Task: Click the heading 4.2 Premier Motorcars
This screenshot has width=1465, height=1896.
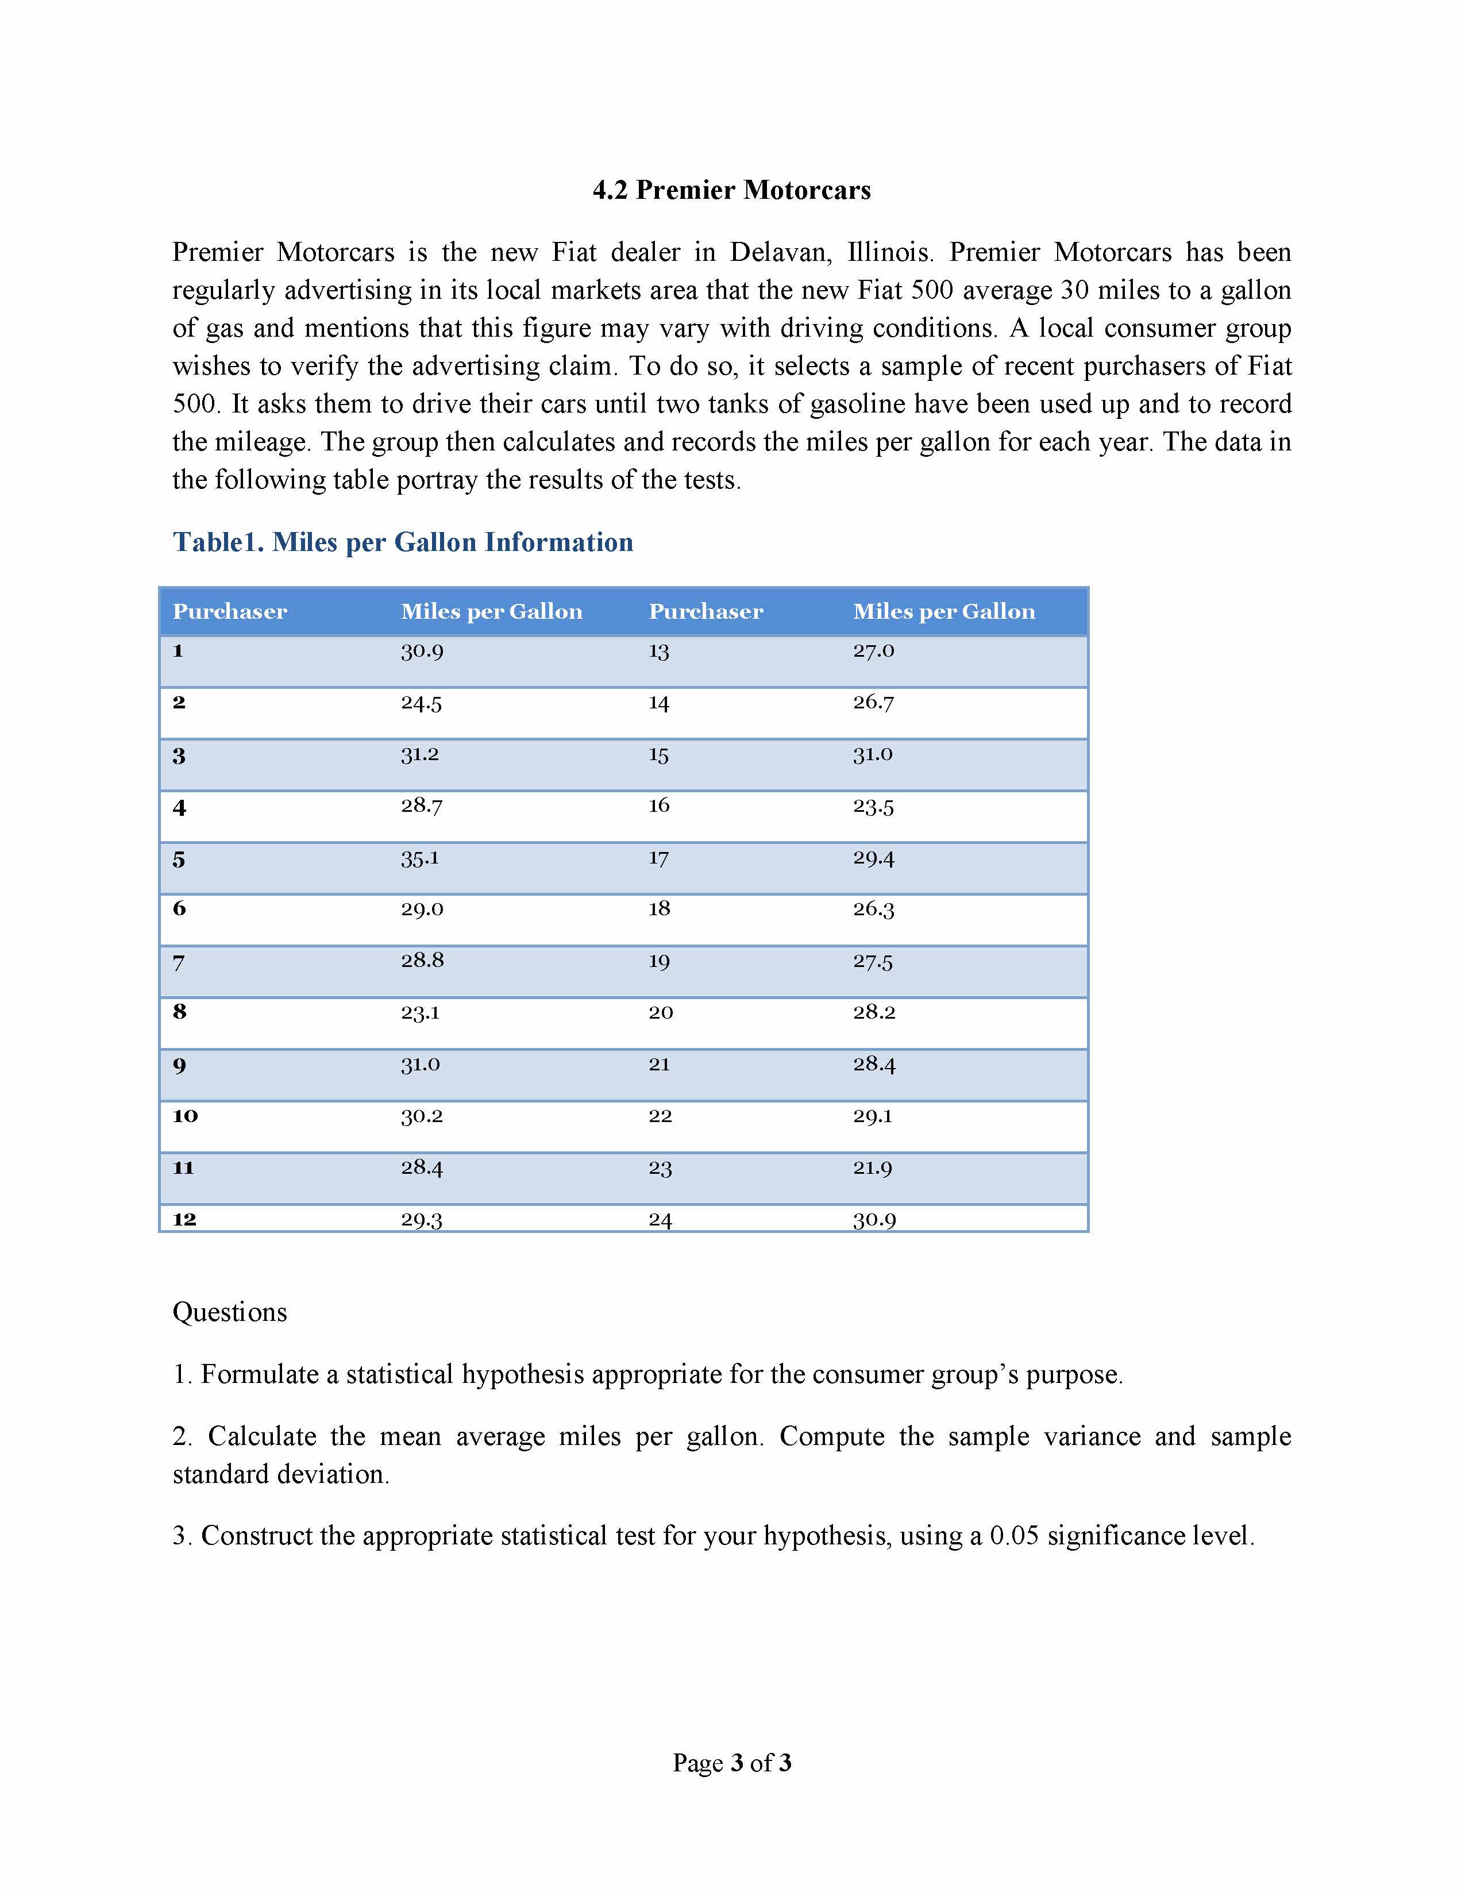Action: [x=731, y=190]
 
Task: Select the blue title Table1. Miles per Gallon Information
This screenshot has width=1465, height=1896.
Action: [x=403, y=542]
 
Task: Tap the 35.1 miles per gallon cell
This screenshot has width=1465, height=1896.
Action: [x=419, y=858]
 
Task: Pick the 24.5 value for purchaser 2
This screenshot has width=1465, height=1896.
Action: [x=421, y=703]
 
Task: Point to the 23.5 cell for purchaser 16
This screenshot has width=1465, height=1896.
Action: [x=873, y=807]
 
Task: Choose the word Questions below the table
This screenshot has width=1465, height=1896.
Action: [x=230, y=1312]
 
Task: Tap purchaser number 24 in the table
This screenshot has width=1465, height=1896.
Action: [x=661, y=1220]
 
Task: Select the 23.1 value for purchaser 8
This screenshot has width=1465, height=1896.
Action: [x=420, y=1012]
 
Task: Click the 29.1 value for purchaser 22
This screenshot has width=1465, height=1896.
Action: [x=872, y=1116]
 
